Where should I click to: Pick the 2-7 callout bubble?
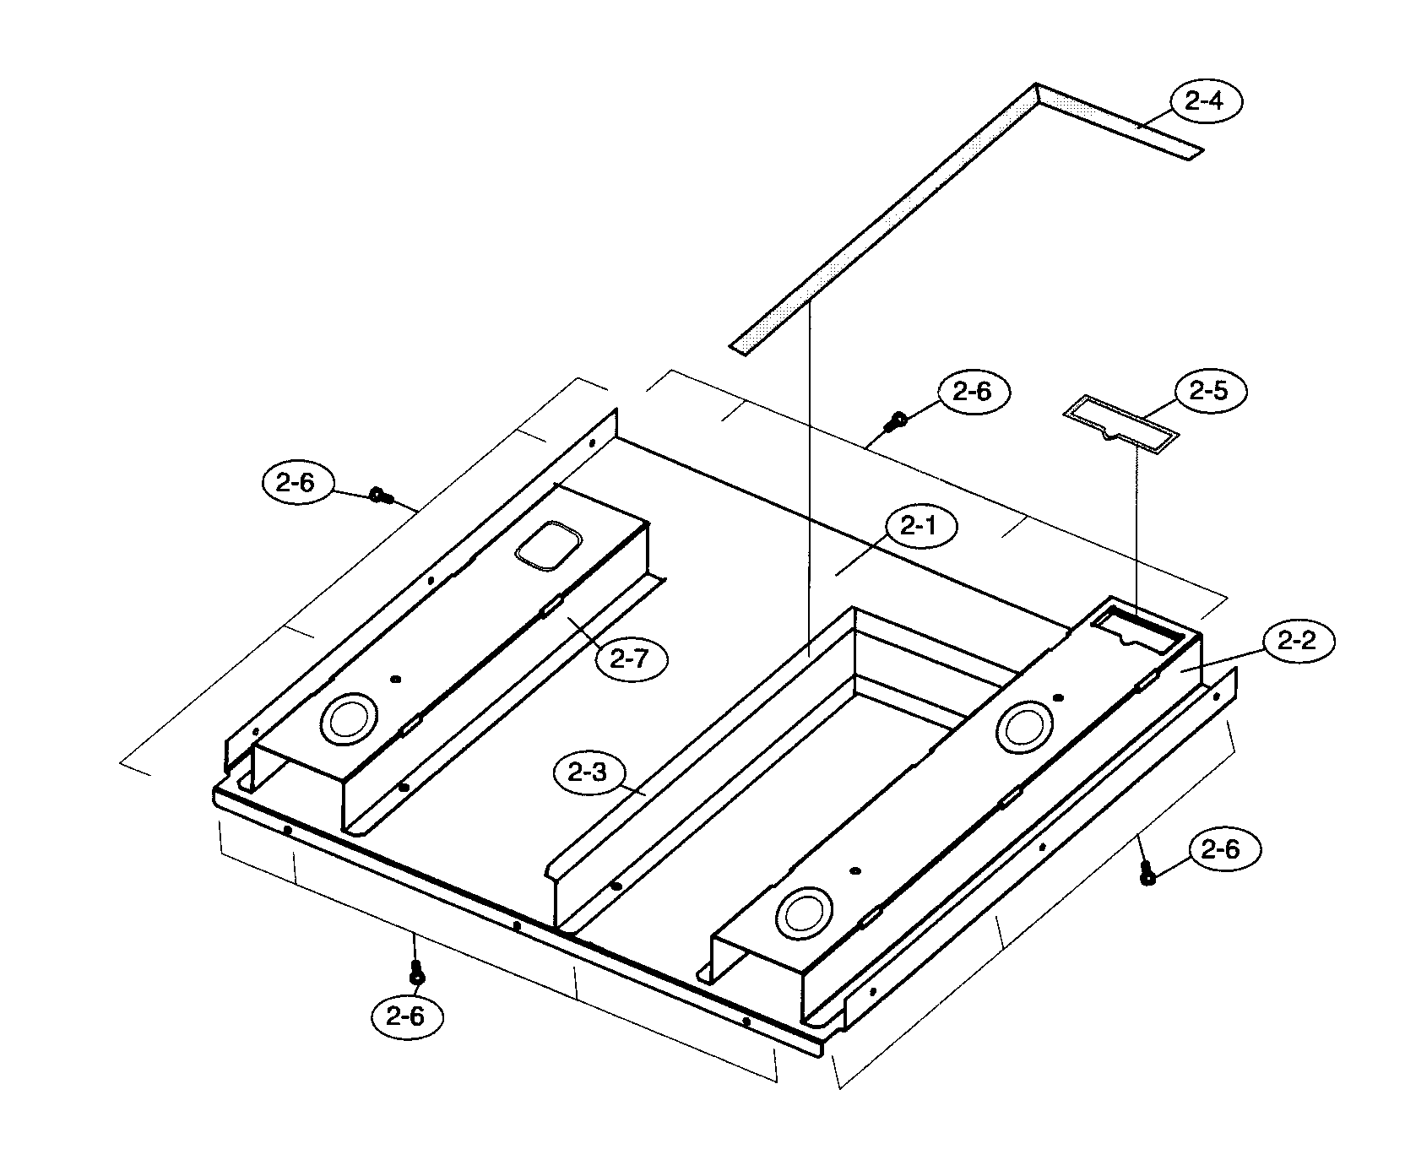coord(630,658)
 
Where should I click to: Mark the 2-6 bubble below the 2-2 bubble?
coord(1225,851)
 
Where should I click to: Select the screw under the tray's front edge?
coord(415,973)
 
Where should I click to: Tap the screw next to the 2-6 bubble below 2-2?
coord(1147,875)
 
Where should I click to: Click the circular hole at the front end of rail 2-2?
coord(803,912)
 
